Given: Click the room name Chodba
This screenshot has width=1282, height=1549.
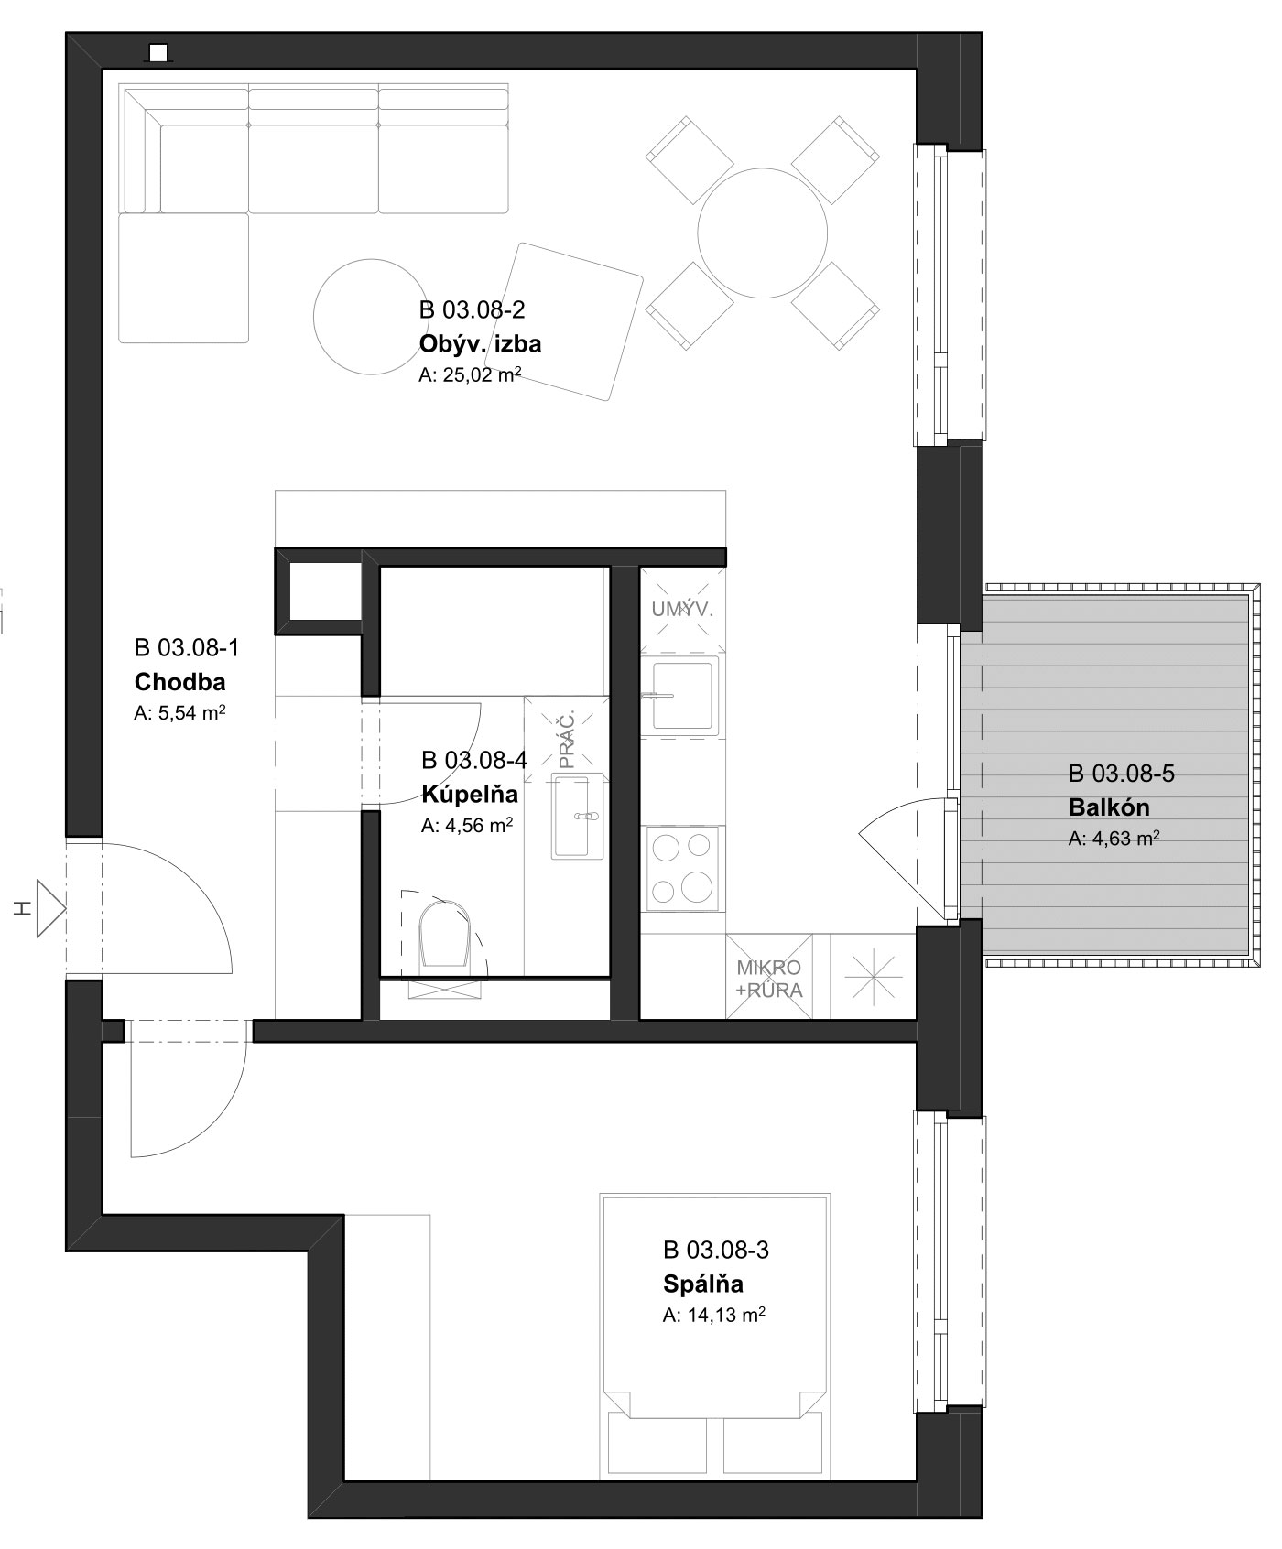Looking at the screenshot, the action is click(x=179, y=682).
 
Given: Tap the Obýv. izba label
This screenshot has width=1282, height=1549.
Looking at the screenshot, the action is click(x=480, y=344).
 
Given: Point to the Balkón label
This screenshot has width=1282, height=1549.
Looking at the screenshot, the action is click(x=1108, y=807).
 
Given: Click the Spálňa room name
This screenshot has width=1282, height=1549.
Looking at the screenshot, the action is click(x=703, y=1284).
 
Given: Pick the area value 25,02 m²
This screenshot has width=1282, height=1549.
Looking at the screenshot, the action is click(x=470, y=374).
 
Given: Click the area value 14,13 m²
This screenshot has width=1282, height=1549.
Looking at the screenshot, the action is click(x=714, y=1316).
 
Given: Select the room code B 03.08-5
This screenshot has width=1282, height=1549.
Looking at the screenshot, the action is click(x=1122, y=774).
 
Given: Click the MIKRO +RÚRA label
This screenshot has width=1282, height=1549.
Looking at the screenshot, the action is click(x=769, y=979).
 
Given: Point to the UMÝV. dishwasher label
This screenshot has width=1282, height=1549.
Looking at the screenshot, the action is click(x=682, y=610).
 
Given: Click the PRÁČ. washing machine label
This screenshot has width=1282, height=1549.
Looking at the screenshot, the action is click(x=568, y=739).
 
